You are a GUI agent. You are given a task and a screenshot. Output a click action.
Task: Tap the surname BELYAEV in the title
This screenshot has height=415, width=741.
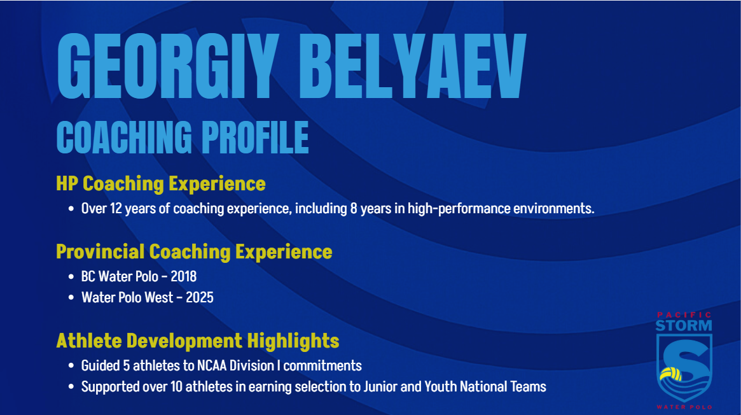pos(412,66)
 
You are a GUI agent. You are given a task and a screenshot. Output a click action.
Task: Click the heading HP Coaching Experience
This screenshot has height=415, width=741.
pos(161,184)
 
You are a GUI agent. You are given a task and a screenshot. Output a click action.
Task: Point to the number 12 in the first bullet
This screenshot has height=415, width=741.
pos(116,208)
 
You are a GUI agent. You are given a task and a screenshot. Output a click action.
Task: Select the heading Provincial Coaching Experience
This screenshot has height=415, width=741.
pos(194,252)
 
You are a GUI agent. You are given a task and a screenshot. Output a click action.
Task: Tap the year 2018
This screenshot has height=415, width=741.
pos(183,276)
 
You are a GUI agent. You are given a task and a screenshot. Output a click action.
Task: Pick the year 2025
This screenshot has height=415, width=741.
pos(200,297)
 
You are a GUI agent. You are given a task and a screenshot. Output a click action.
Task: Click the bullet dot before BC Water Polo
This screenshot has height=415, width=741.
pos(71,276)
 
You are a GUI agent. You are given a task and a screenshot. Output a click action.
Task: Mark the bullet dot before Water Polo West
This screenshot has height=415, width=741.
pos(71,297)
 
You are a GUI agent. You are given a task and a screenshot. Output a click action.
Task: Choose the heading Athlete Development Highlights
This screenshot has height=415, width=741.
pos(198,341)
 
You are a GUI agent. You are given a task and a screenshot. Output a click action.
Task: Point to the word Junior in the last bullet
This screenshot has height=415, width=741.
pos(380,386)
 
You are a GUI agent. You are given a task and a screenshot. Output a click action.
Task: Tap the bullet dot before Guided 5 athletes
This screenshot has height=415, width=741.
pos(71,366)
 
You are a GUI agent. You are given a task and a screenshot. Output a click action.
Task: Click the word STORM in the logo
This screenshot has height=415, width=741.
pos(684,326)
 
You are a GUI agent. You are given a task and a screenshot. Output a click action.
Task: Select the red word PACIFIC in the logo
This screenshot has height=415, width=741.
pos(684,314)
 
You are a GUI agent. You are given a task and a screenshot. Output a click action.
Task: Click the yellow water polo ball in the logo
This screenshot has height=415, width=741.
pos(671,374)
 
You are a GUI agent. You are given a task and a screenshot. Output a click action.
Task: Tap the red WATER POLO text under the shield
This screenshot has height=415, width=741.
pos(684,407)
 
